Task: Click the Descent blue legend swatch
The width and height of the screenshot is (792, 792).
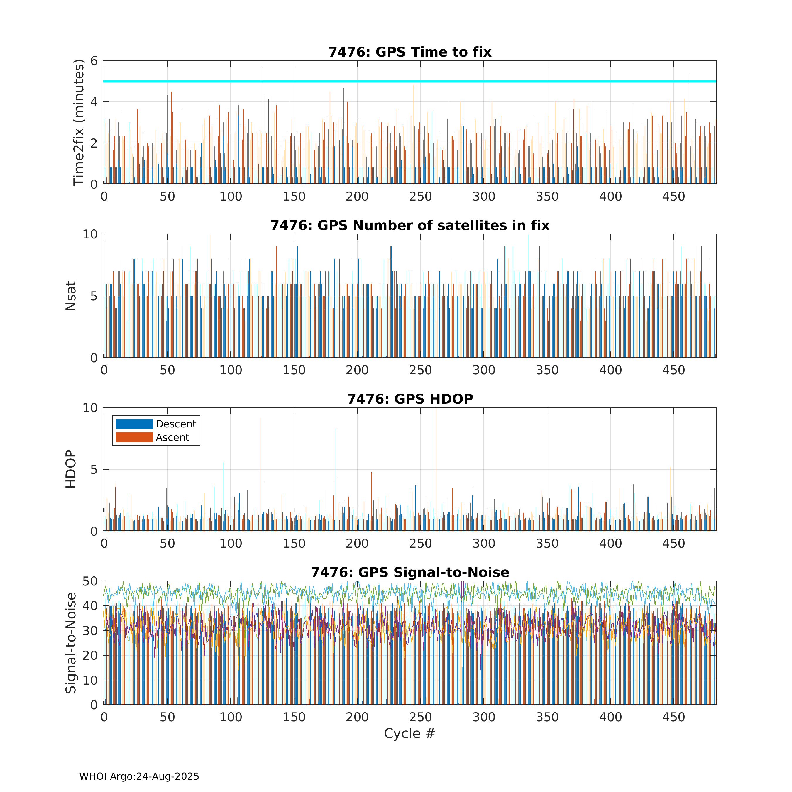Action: pyautogui.click(x=134, y=424)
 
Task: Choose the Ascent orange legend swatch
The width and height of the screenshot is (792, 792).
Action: pyautogui.click(x=134, y=437)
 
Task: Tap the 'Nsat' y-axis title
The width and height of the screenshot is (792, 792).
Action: pyautogui.click(x=71, y=296)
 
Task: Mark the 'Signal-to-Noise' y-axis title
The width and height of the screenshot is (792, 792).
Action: pyautogui.click(x=71, y=643)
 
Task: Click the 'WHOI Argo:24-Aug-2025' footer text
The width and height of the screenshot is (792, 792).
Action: pyautogui.click(x=139, y=776)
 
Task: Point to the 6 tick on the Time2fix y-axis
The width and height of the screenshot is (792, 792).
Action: pyautogui.click(x=94, y=61)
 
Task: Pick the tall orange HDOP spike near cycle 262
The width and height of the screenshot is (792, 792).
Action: pyautogui.click(x=436, y=414)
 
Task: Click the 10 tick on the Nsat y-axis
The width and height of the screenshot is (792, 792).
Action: pyautogui.click(x=90, y=234)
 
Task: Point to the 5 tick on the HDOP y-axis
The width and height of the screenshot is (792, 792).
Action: pyautogui.click(x=94, y=469)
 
